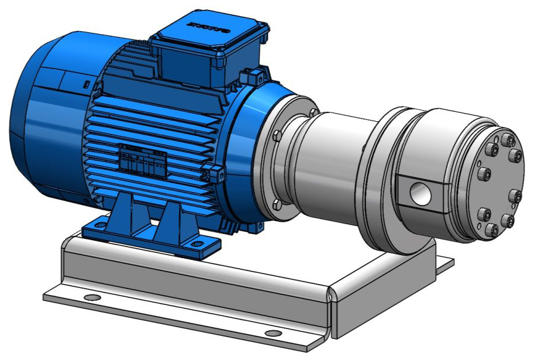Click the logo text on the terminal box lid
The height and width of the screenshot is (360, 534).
point(207,26)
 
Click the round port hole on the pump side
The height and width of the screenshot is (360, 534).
point(419,192)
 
